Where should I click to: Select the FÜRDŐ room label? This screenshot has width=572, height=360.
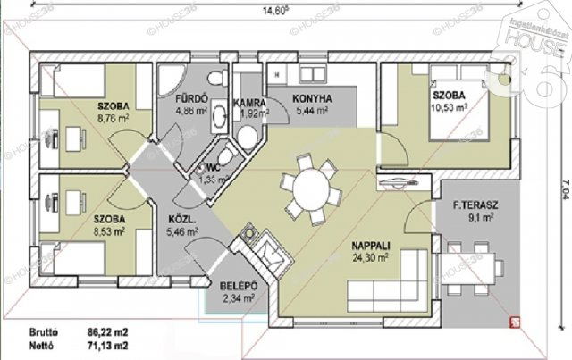(x=191, y=99)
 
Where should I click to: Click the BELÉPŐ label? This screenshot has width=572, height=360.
(x=239, y=286)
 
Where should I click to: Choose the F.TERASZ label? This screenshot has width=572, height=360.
(x=475, y=205)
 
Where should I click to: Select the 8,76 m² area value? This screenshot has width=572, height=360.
(x=114, y=117)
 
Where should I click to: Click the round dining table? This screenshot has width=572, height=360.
(x=311, y=188)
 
